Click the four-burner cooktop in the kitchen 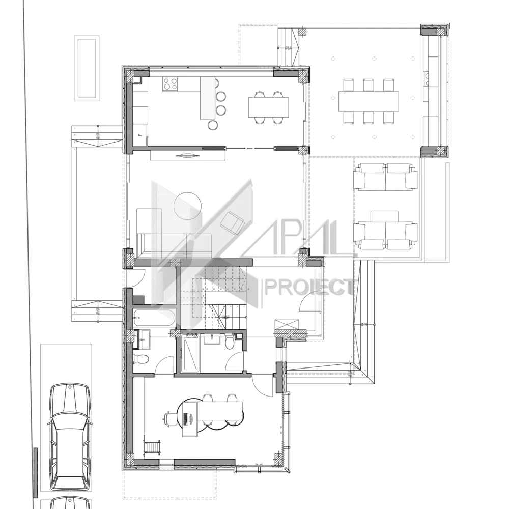(x=170, y=84)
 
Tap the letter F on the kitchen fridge (x=140, y=135)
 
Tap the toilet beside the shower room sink (x=229, y=344)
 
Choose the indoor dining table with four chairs (x=268, y=107)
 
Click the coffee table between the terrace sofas (x=384, y=216)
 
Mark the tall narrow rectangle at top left (x=87, y=68)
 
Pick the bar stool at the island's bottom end (x=212, y=124)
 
